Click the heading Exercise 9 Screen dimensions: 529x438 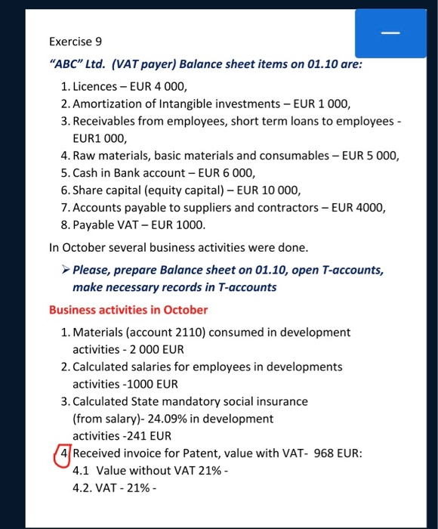click(x=76, y=43)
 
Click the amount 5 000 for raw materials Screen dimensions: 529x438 click(x=380, y=157)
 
